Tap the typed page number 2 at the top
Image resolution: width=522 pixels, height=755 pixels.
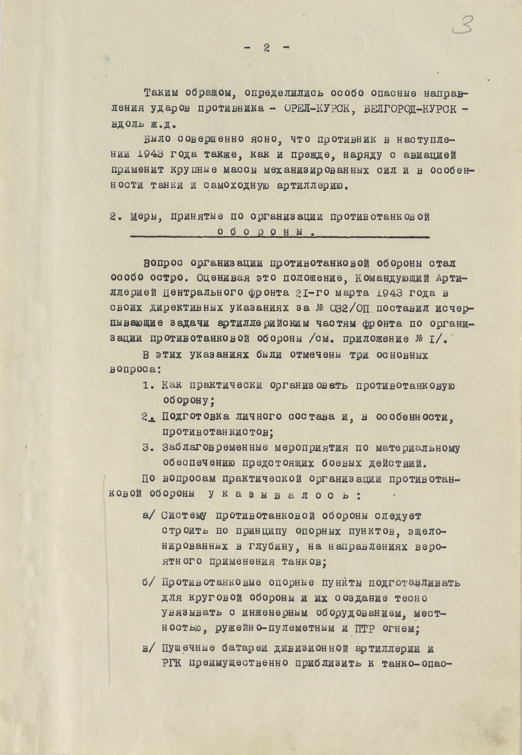coord(267,48)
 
